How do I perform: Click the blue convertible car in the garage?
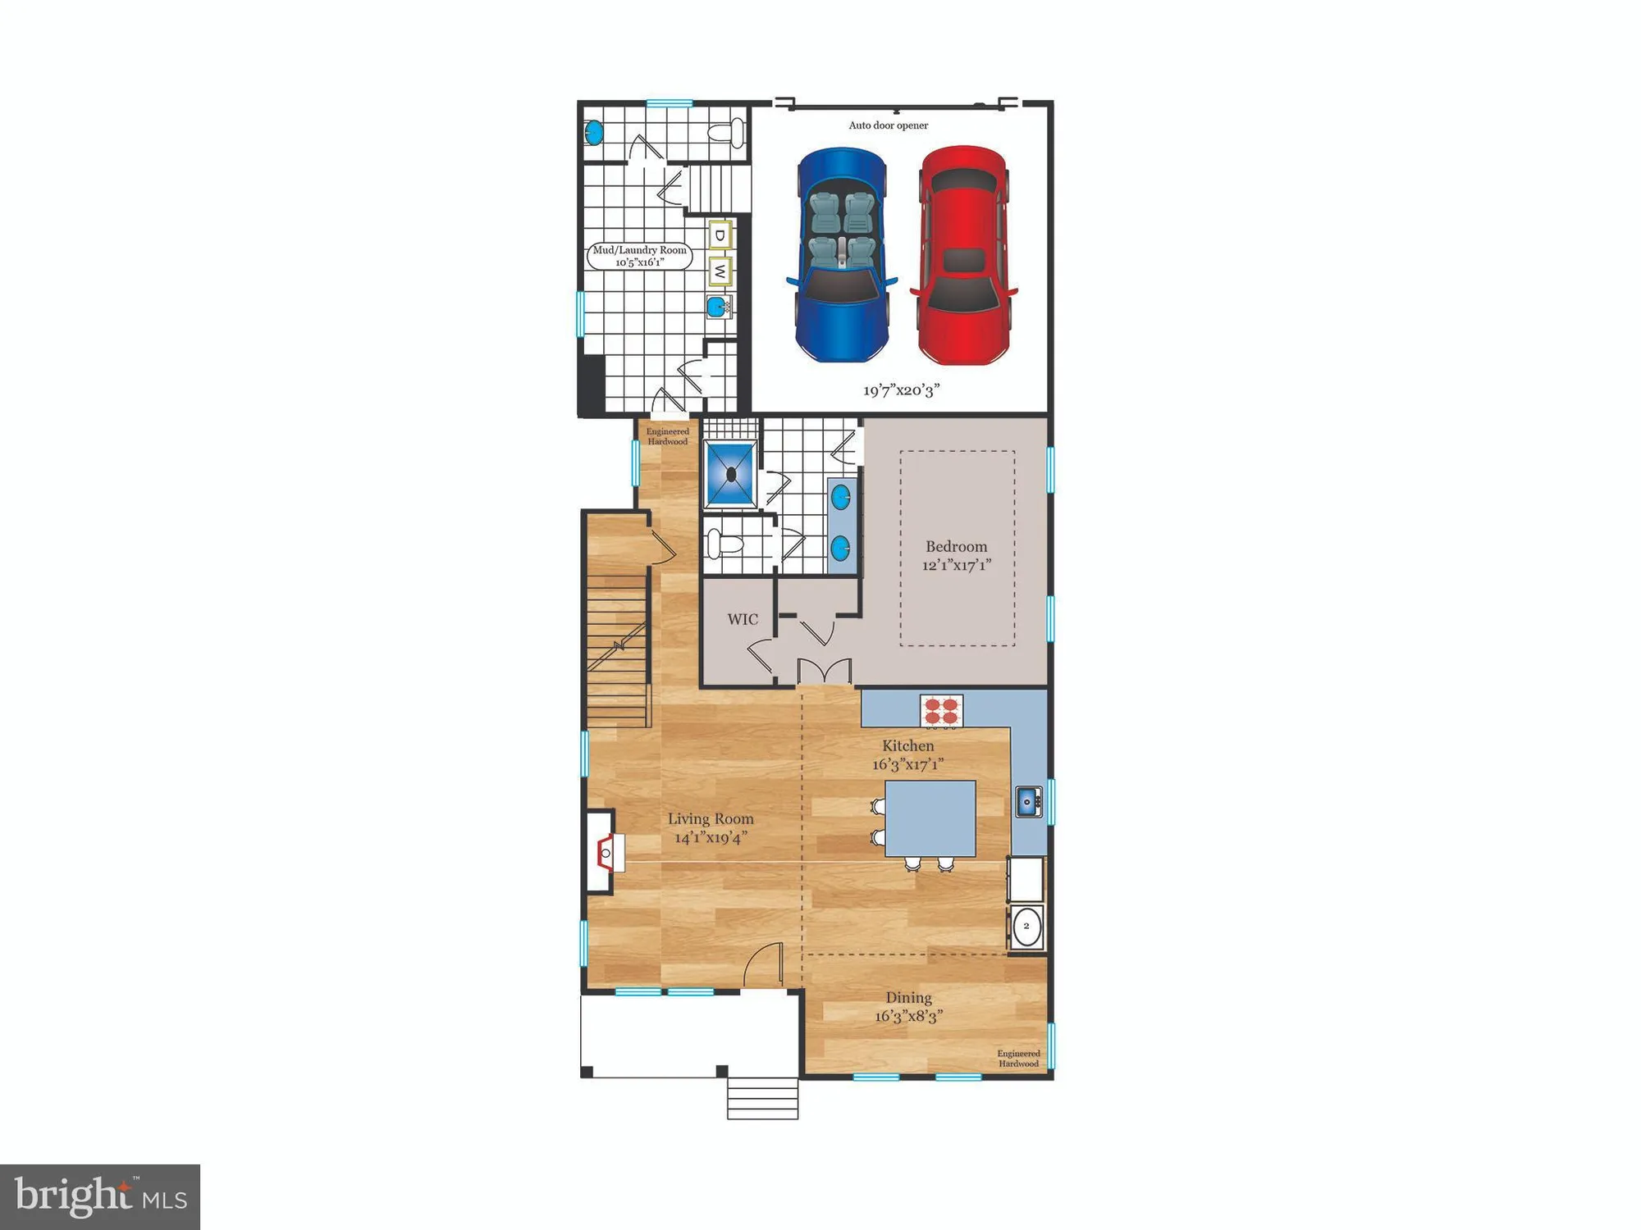pyautogui.click(x=841, y=254)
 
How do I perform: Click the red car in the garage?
pyautogui.click(x=963, y=254)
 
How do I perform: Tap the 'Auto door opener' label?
pyautogui.click(x=888, y=125)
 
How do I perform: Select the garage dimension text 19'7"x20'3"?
pyautogui.click(x=901, y=390)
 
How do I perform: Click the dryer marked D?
pyautogui.click(x=720, y=235)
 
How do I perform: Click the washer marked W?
pyautogui.click(x=720, y=270)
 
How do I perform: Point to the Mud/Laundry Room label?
pyautogui.click(x=639, y=256)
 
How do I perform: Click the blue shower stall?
pyautogui.click(x=730, y=475)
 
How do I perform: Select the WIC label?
pyautogui.click(x=742, y=620)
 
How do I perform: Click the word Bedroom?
pyautogui.click(x=956, y=547)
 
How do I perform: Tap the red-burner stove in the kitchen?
pyautogui.click(x=941, y=710)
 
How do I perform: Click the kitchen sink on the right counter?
pyautogui.click(x=1027, y=801)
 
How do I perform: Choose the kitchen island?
pyautogui.click(x=930, y=818)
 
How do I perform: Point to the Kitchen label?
pyautogui.click(x=907, y=746)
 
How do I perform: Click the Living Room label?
pyautogui.click(x=710, y=819)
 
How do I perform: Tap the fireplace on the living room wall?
pyautogui.click(x=605, y=853)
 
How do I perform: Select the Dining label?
pyautogui.click(x=908, y=998)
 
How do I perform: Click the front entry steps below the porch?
pyautogui.click(x=762, y=1098)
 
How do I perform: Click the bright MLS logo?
pyautogui.click(x=100, y=1196)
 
